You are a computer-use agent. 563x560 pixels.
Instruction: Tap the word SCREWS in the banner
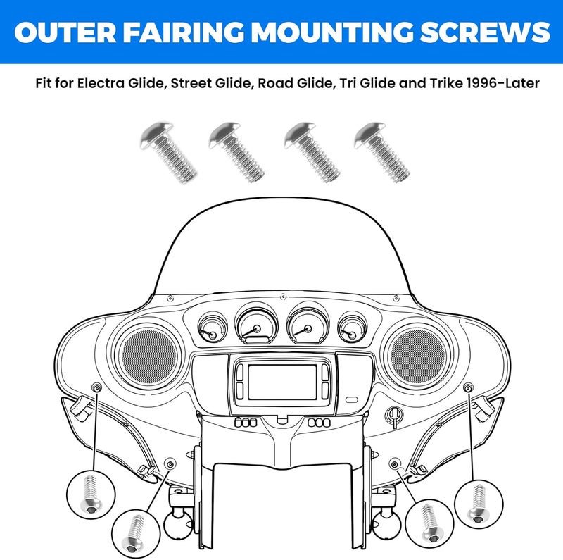pyautogui.click(x=485, y=32)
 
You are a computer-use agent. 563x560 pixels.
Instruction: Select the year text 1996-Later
pyautogui.click(x=502, y=83)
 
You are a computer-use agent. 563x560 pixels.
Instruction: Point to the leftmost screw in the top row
pyautogui.click(x=168, y=152)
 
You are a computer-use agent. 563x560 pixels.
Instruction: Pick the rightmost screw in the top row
pyautogui.click(x=381, y=152)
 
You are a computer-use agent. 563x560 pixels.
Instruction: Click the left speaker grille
pyautogui.click(x=149, y=356)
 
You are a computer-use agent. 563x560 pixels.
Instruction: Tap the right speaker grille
pyautogui.click(x=417, y=356)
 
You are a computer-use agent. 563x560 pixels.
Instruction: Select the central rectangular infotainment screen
pyautogui.click(x=282, y=382)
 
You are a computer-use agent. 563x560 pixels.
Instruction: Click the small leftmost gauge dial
pyautogui.click(x=213, y=328)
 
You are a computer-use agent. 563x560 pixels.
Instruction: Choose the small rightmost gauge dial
pyautogui.click(x=353, y=328)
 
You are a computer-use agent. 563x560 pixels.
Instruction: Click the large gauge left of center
pyautogui.click(x=257, y=324)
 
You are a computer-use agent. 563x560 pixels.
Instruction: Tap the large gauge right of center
pyautogui.click(x=308, y=324)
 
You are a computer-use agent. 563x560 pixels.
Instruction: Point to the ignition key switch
pyautogui.click(x=394, y=416)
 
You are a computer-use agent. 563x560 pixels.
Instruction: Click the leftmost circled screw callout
pyautogui.click(x=91, y=494)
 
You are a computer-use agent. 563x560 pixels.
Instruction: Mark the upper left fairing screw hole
pyautogui.click(x=97, y=387)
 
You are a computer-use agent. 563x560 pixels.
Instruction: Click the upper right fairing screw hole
pyautogui.click(x=468, y=387)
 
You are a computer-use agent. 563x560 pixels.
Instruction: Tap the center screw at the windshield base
pyautogui.click(x=284, y=297)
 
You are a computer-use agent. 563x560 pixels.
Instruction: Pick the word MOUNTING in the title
pyautogui.click(x=331, y=32)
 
